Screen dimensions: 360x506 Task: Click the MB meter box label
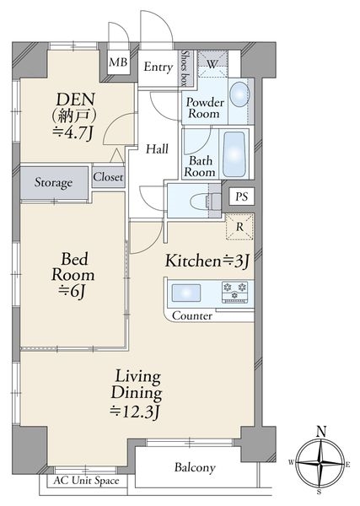point(118,62)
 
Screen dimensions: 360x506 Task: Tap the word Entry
point(158,67)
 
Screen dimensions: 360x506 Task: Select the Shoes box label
point(185,67)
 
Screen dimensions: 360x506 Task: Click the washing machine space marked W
point(212,63)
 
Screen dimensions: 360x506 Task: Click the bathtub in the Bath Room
point(234,154)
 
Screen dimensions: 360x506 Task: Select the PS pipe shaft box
point(241,196)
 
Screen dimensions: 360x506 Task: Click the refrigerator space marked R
point(239,227)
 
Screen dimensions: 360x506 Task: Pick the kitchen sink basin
point(186,293)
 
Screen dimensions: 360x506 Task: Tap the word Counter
point(192,315)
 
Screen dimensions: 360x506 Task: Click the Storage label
point(53,183)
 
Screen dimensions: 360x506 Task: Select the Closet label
point(108,177)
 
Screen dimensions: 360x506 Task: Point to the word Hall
point(157,148)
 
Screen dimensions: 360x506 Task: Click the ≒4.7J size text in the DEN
point(73,132)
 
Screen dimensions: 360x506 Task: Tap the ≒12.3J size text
point(135,411)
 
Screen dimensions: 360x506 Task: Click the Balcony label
point(195,467)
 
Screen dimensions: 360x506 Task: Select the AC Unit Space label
point(86,481)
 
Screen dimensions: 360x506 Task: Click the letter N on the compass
point(321,432)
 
